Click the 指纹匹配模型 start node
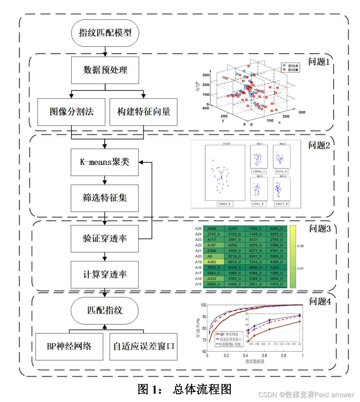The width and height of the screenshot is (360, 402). pos(105,33)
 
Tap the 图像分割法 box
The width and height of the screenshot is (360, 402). pos(71,112)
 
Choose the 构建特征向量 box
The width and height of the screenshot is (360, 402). pos(143,112)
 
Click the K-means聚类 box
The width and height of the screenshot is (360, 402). pos(105,162)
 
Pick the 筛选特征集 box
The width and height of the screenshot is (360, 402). pos(105,198)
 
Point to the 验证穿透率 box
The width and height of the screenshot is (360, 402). pos(105,238)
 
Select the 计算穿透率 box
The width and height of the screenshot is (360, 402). pos(105,275)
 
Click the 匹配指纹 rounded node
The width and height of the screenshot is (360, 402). pos(105,310)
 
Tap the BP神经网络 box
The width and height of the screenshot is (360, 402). pos(69,346)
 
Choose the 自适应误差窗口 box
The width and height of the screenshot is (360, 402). pos(143,346)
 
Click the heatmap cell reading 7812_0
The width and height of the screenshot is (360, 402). pos(214,267)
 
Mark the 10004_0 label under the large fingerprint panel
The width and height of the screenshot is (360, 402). pos(225,204)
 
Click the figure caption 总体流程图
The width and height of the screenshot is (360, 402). pos(202,389)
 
